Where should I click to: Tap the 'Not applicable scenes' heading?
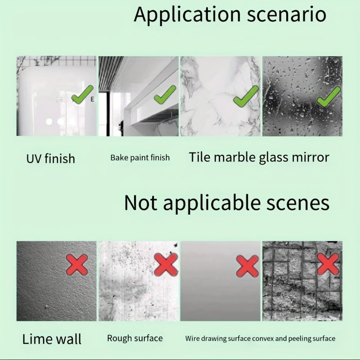227,203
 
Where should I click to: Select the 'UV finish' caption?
51,159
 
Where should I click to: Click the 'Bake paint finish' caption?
140,158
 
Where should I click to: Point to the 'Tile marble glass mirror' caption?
259,158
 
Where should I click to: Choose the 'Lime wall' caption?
52,339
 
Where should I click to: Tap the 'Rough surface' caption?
135,338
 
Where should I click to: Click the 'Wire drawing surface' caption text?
218,339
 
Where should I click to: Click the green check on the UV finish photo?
82,94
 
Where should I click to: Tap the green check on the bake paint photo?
165,94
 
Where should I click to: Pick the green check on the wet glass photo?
328,97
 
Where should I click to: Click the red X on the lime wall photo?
77,265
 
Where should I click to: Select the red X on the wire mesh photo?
328,264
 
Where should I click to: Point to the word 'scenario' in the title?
287,15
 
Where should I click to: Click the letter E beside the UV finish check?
92,99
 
